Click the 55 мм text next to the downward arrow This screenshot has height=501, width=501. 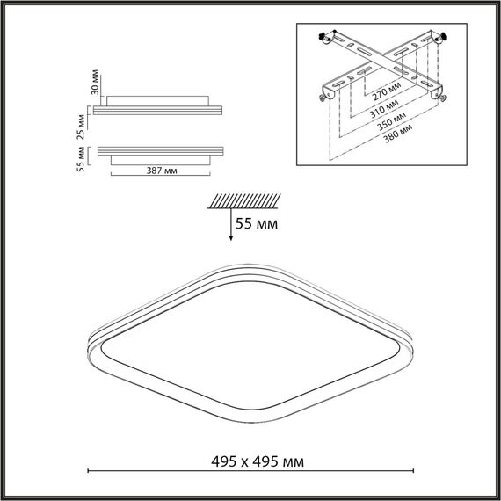tap(258, 225)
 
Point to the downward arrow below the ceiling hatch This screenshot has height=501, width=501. tap(230, 226)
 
